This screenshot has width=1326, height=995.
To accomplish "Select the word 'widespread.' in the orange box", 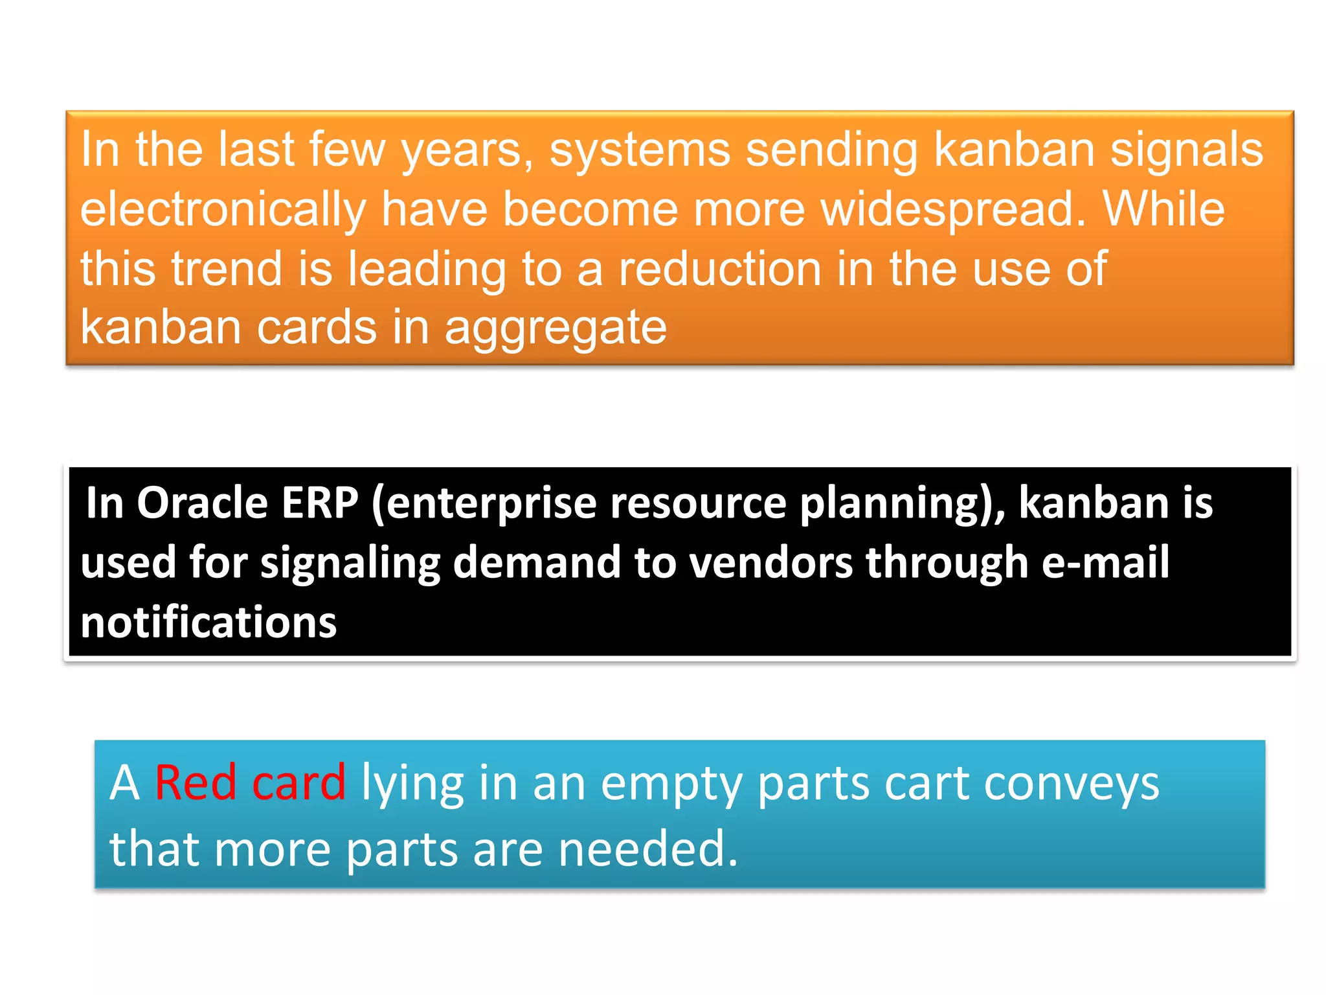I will (953, 210).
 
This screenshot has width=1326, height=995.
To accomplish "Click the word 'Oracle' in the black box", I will (202, 503).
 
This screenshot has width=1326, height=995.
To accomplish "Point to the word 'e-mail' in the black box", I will (1105, 562).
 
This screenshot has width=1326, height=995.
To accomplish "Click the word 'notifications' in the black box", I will (208, 623).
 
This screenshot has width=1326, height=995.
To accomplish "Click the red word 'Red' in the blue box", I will (195, 783).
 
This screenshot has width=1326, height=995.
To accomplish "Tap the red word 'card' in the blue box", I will (298, 783).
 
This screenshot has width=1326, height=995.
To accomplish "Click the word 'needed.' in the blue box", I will (647, 849).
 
